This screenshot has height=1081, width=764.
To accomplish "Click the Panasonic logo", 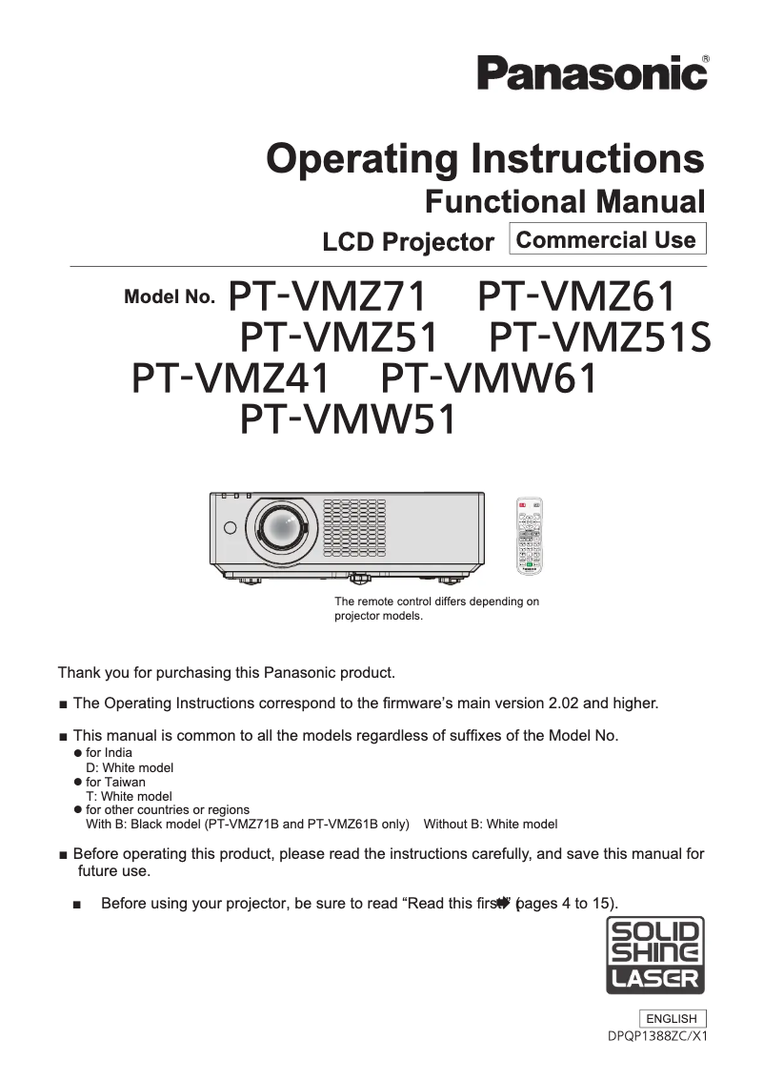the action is click(x=593, y=73).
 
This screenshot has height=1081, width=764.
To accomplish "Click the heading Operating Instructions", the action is click(x=486, y=158).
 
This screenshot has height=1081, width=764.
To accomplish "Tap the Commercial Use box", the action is click(x=608, y=239).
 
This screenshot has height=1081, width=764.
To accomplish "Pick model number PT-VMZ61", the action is click(x=577, y=296).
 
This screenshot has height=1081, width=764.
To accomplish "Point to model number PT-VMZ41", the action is click(x=231, y=378).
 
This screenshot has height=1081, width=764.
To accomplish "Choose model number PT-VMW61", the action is click(x=489, y=378).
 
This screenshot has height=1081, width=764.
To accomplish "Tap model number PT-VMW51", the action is click(x=348, y=419).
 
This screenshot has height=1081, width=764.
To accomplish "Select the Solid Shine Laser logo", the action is click(x=656, y=956).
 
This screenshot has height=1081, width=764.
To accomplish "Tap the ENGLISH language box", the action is click(x=672, y=1018).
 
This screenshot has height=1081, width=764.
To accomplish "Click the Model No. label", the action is click(x=170, y=297).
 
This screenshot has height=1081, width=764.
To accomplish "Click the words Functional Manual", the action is click(x=564, y=202).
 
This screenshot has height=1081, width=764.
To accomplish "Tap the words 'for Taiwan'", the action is click(x=115, y=782).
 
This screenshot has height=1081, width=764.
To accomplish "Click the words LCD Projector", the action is click(x=408, y=242).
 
